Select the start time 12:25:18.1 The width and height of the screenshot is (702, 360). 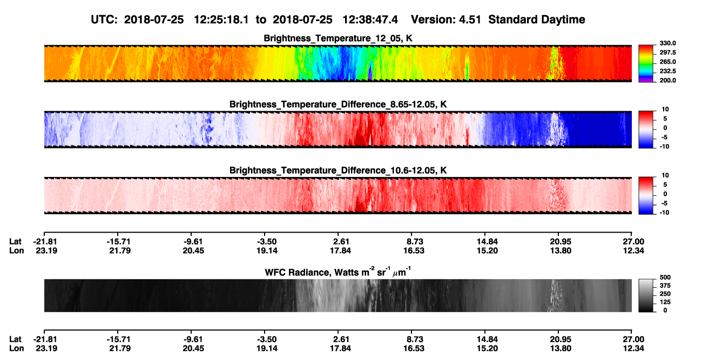point(221,19)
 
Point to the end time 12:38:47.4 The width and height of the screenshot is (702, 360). point(370,19)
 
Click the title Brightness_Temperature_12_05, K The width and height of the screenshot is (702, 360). point(338,38)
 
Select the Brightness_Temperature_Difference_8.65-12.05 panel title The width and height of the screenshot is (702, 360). point(338,104)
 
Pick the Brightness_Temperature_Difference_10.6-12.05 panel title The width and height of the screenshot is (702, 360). point(338,171)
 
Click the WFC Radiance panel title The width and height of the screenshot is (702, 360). point(338,272)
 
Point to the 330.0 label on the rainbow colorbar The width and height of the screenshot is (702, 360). point(667,43)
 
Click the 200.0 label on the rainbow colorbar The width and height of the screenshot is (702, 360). point(667,80)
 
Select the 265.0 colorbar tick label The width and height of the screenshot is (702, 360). point(667,62)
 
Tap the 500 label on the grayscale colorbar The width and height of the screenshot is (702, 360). point(665,277)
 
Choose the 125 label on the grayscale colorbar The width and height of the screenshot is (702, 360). point(665,302)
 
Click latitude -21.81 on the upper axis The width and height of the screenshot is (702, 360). point(45,242)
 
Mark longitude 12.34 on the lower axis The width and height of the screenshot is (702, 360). point(633,349)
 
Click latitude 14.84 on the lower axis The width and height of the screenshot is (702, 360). point(487,339)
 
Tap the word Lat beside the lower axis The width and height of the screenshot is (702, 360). point(15,339)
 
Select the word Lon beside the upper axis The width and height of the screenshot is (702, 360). point(16,250)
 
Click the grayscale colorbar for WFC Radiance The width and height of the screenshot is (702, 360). point(646,295)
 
